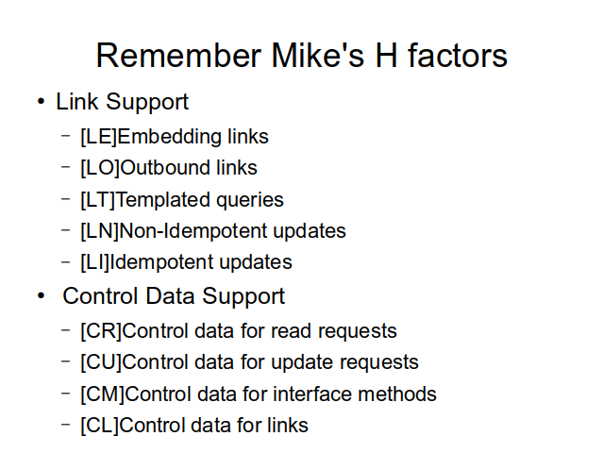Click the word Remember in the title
point(178,56)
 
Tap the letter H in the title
point(386,56)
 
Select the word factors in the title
point(458,56)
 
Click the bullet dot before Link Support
point(41,102)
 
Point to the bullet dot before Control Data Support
point(41,296)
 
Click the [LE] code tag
point(98,137)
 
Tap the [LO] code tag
point(100,168)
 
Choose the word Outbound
point(165,168)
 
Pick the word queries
point(249,201)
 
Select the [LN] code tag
point(100,231)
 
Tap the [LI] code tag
point(94,262)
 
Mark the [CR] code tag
point(101,331)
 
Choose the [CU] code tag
point(101,362)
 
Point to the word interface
point(311,394)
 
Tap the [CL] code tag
point(100,426)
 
